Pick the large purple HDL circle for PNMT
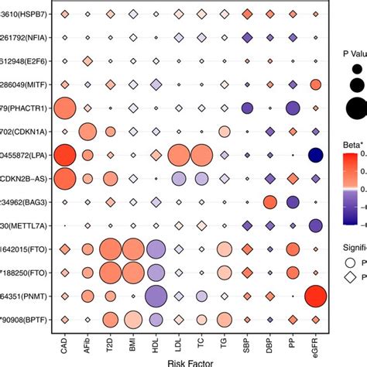156,296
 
